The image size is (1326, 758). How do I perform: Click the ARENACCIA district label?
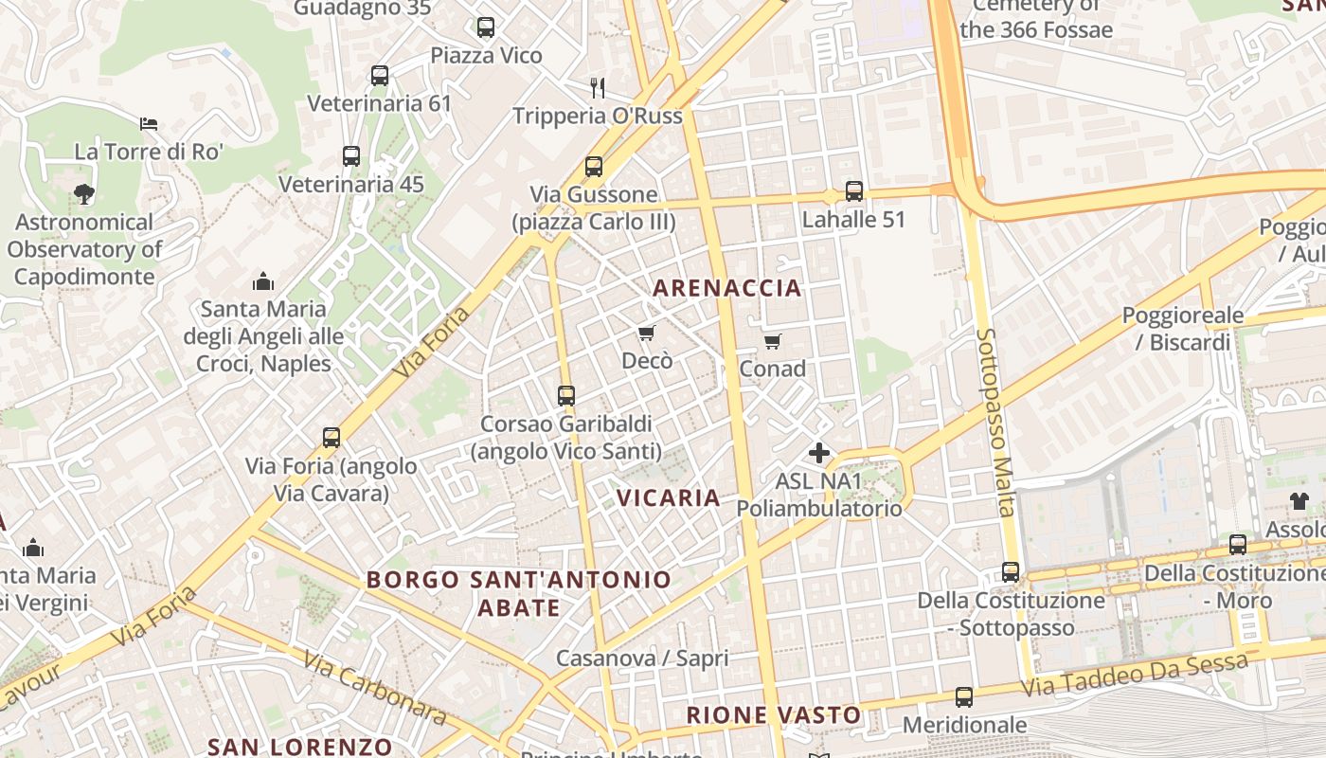(727, 288)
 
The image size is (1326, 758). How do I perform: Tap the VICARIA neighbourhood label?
(669, 497)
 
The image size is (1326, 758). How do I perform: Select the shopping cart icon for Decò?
(647, 333)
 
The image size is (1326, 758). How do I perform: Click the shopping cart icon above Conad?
(773, 341)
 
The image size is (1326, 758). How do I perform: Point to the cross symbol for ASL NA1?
(819, 453)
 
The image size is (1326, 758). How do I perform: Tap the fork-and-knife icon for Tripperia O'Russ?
(597, 88)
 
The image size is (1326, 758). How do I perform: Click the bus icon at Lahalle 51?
(854, 191)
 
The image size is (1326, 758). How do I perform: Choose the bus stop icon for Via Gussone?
(594, 167)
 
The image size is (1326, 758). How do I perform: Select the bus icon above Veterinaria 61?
(380, 76)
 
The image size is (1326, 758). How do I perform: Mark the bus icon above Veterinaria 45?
(351, 156)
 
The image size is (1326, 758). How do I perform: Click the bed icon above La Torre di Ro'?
(149, 123)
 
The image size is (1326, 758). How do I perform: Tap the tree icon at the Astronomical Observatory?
(84, 194)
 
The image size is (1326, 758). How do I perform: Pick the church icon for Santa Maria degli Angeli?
(263, 281)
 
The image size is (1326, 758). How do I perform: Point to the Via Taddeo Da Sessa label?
(1135, 676)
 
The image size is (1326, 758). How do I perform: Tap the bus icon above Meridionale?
(964, 697)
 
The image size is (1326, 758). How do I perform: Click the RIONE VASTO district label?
(774, 715)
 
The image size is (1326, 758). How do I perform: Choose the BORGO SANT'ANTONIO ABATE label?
(519, 593)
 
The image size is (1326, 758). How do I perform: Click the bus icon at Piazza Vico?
(486, 27)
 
